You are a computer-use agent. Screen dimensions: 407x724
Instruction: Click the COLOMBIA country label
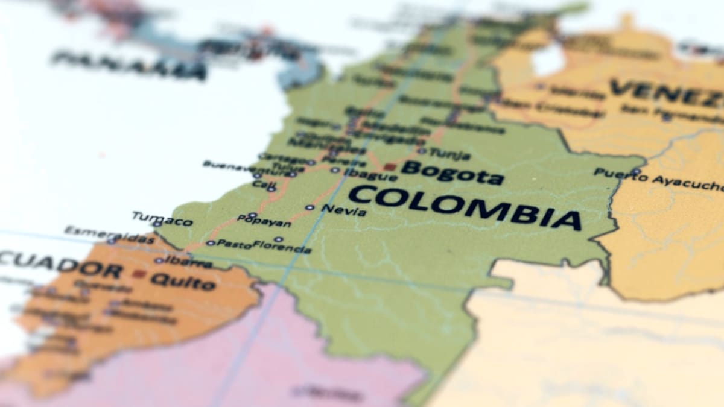coord(465,207)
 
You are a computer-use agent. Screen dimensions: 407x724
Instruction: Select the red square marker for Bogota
coord(390,166)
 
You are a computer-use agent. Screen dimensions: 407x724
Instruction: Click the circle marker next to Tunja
coord(421,151)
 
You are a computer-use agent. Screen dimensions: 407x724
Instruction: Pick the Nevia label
coord(343,210)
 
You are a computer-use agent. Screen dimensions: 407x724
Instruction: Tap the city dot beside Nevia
coord(310,207)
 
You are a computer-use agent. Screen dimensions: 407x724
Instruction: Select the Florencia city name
coord(282,246)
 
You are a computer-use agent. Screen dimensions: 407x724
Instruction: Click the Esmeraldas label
coord(109,235)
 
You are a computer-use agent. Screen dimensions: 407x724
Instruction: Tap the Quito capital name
coord(183,281)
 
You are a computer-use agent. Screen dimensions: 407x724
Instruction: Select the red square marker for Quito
coord(139,274)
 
